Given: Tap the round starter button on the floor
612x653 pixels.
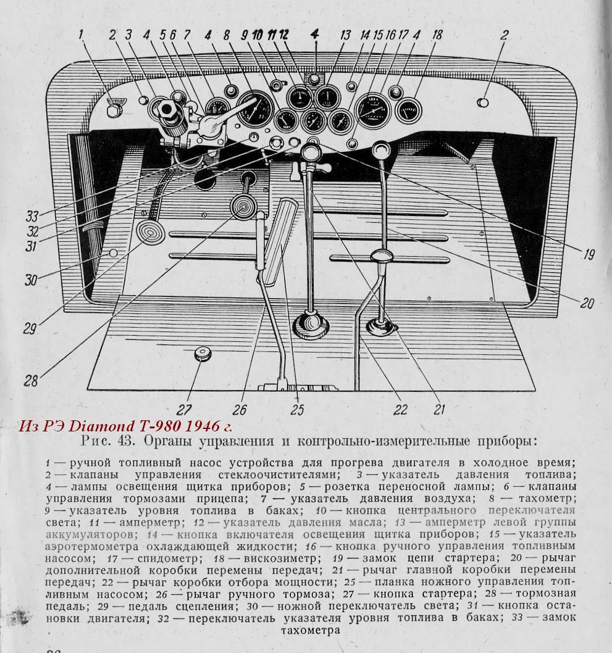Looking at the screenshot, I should [202, 354].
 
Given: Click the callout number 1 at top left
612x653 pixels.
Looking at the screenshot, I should [80, 35].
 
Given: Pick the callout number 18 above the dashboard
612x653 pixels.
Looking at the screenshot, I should [437, 35].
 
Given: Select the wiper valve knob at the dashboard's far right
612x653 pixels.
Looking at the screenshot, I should [484, 102].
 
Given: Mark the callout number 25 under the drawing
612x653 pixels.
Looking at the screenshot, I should [297, 409].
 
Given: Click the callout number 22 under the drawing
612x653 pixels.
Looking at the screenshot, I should [401, 409].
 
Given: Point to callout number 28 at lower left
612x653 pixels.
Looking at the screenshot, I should [30, 380].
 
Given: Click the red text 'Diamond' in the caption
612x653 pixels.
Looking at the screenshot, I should [98, 426].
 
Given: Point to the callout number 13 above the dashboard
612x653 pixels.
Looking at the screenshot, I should [345, 35].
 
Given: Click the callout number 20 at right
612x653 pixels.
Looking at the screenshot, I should [587, 302].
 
